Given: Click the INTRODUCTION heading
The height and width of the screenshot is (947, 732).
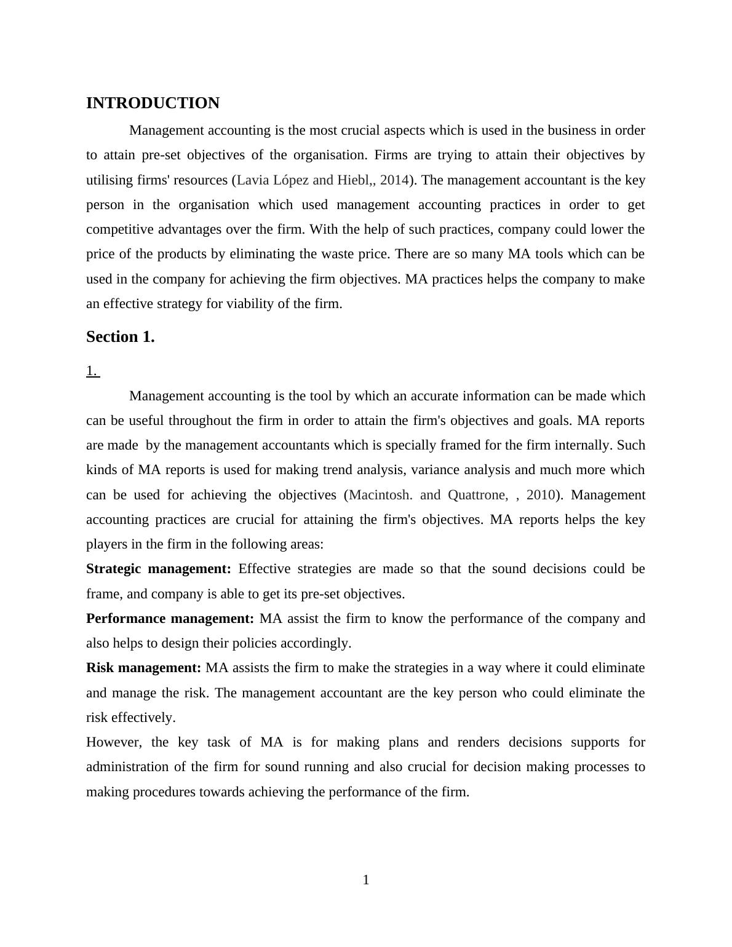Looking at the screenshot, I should click(153, 103).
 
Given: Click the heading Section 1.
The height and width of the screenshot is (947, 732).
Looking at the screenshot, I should click(120, 337).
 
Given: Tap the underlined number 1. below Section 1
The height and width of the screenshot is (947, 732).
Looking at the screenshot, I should click(92, 371).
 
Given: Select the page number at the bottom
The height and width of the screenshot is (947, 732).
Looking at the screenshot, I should click(366, 880).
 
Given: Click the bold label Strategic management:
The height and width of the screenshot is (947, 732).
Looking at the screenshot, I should click(159, 569).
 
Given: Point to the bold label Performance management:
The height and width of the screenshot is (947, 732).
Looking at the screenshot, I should click(170, 619).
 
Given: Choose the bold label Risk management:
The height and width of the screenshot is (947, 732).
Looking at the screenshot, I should click(143, 668).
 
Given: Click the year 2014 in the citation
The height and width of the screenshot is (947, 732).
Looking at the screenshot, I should click(394, 180).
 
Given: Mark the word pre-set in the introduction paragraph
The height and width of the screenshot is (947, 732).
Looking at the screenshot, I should click(161, 155).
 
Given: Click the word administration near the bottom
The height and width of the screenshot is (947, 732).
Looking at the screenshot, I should click(127, 767).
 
